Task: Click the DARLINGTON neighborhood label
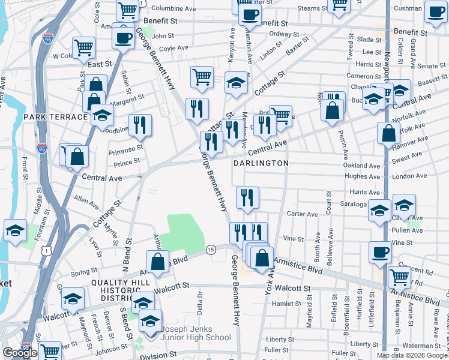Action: pos(261,163)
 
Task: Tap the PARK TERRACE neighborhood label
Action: pos(55,116)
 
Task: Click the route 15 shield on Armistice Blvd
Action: pos(211,250)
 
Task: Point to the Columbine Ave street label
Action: pos(173,9)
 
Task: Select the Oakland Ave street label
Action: pos(362,166)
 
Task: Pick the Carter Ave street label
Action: pos(303,214)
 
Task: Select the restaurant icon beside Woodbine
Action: pos(140,125)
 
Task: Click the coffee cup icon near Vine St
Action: pos(379,251)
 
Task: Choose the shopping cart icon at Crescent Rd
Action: pos(399,277)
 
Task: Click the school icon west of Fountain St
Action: pos(14,230)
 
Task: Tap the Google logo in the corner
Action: pos(20,353)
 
